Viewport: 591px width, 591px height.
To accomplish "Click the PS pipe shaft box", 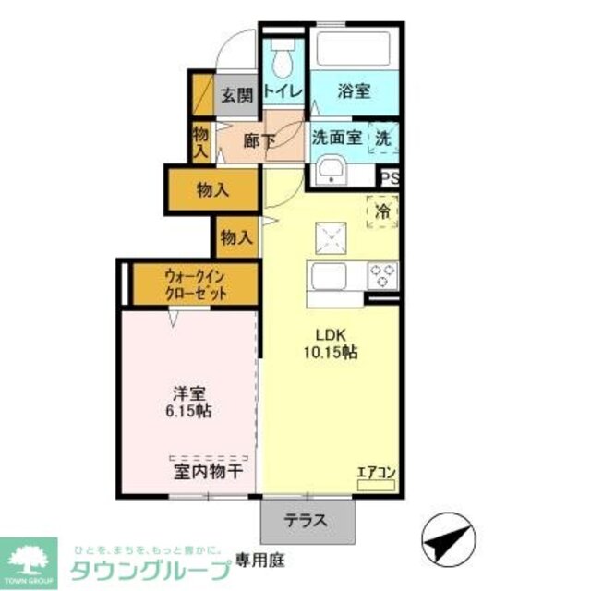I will [x=389, y=179].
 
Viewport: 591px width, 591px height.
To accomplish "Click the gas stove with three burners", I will [x=383, y=274].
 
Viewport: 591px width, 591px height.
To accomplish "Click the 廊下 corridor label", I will [x=259, y=141].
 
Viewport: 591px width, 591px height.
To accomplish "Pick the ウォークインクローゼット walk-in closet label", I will [x=194, y=283].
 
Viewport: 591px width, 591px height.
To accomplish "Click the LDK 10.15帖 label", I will [x=330, y=342].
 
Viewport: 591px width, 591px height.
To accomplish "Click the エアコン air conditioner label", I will [x=377, y=474].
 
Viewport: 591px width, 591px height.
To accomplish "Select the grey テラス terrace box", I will [x=308, y=521].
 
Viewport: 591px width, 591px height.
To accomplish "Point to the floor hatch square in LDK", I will [x=330, y=238].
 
